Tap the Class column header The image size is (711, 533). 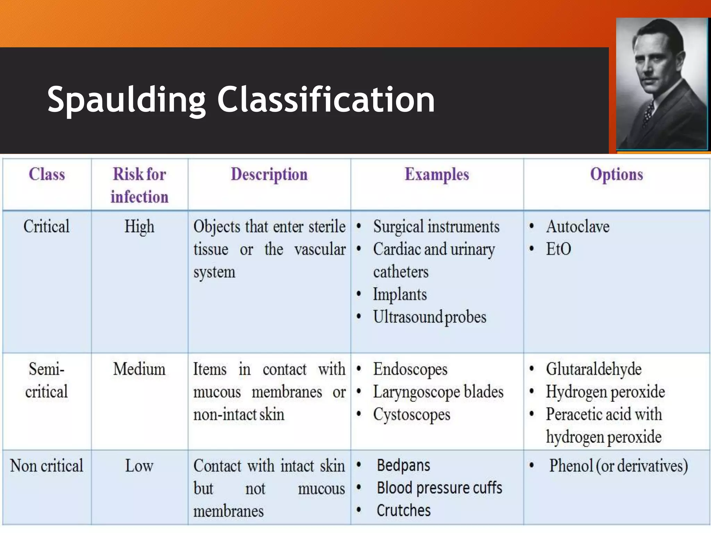(47, 174)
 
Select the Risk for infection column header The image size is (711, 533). (140, 185)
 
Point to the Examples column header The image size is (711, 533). (437, 174)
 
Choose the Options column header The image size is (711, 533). (617, 174)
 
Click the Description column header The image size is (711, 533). (269, 174)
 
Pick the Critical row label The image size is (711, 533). (47, 226)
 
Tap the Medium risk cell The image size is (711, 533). (140, 369)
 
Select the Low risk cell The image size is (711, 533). (140, 466)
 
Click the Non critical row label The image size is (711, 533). (47, 466)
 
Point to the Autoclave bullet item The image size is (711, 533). (578, 227)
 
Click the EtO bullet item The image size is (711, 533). (559, 249)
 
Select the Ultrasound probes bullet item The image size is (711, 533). (430, 317)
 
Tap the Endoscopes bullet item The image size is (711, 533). (410, 369)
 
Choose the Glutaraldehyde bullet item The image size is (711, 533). (594, 369)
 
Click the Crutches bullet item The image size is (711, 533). (404, 510)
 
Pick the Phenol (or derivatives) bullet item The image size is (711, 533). (618, 466)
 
